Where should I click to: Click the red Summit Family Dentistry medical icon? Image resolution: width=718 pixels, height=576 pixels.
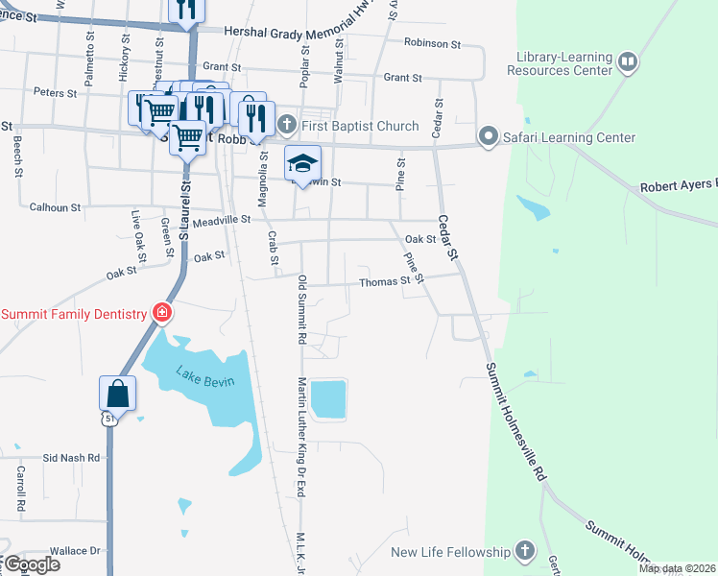(x=162, y=313)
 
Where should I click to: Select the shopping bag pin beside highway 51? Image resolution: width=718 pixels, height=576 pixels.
(x=117, y=394)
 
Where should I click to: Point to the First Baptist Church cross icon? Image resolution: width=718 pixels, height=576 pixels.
(x=286, y=126)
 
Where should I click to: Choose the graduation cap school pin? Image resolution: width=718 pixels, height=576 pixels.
(x=302, y=164)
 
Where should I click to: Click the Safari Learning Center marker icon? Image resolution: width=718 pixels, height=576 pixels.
(x=489, y=137)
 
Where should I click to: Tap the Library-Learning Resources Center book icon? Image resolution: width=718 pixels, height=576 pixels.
(x=627, y=63)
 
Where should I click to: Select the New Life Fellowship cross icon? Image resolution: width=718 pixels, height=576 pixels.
(x=524, y=552)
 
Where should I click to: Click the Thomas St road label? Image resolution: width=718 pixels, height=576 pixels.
(x=385, y=282)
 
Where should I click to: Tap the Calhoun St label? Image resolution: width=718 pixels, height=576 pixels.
(x=55, y=206)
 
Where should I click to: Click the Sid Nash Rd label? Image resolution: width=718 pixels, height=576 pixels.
(x=73, y=458)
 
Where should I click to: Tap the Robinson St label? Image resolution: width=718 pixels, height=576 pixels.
(x=432, y=43)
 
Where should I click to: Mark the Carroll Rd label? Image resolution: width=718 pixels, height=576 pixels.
(x=19, y=488)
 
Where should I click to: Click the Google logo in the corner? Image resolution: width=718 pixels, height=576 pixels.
(x=31, y=564)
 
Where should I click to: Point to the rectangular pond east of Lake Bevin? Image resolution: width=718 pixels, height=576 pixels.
(x=328, y=398)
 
